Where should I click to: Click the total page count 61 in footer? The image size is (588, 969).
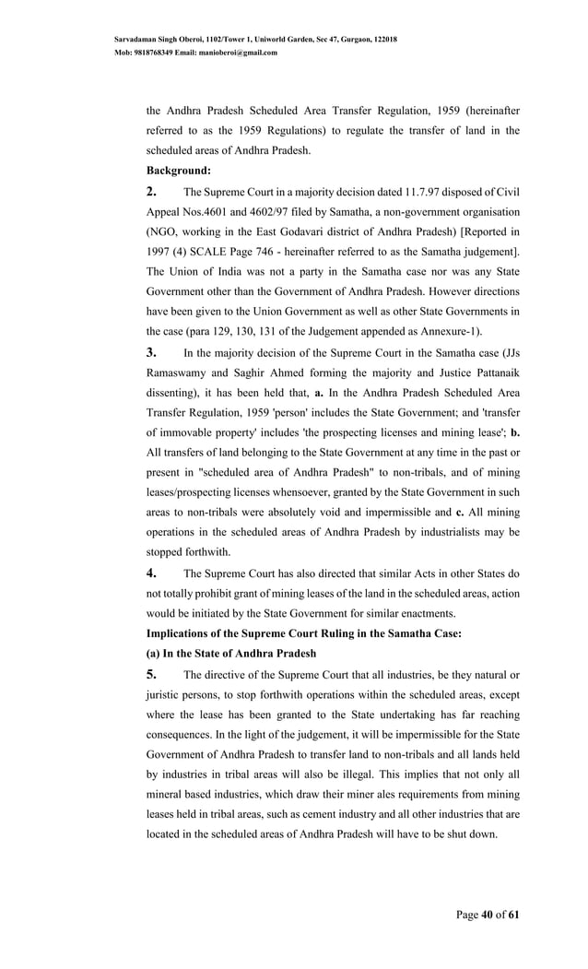click(514, 915)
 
